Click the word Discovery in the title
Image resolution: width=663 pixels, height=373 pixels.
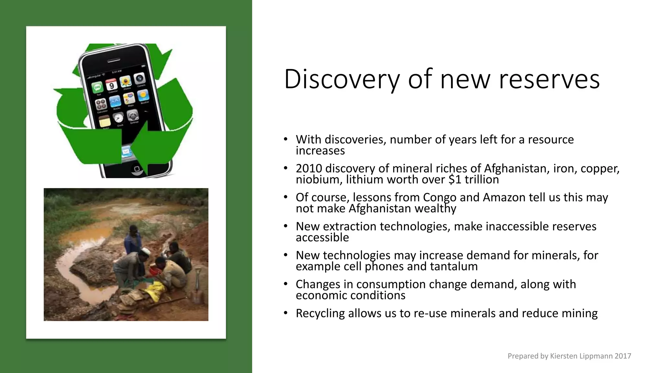tap(342, 79)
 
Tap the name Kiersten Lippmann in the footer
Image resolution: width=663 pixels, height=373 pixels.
tap(581, 356)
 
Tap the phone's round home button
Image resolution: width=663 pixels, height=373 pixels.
tap(137, 169)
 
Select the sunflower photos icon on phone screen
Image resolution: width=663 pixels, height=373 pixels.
tap(125, 82)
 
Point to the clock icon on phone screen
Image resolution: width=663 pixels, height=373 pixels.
tap(118, 118)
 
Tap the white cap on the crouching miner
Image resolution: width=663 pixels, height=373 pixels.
tap(145, 252)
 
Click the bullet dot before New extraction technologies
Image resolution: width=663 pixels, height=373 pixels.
tap(286, 226)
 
